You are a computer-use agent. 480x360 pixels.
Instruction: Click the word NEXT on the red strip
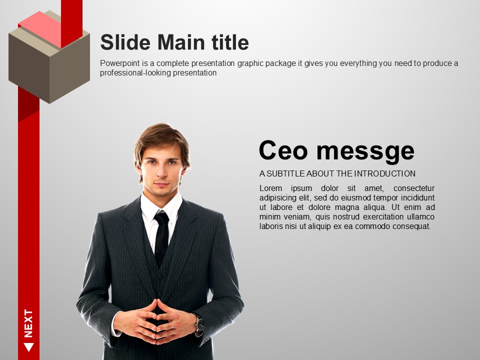[x=28, y=323]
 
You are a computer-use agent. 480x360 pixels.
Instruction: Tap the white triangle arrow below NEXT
[x=28, y=347]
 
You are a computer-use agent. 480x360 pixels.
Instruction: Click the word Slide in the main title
[x=125, y=42]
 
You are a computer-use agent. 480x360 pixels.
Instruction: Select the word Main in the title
[x=181, y=42]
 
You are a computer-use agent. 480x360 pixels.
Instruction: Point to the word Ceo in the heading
[x=283, y=150]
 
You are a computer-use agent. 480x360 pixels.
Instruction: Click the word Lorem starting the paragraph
[x=270, y=188]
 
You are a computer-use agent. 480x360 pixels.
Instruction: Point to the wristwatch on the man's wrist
[x=199, y=324]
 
